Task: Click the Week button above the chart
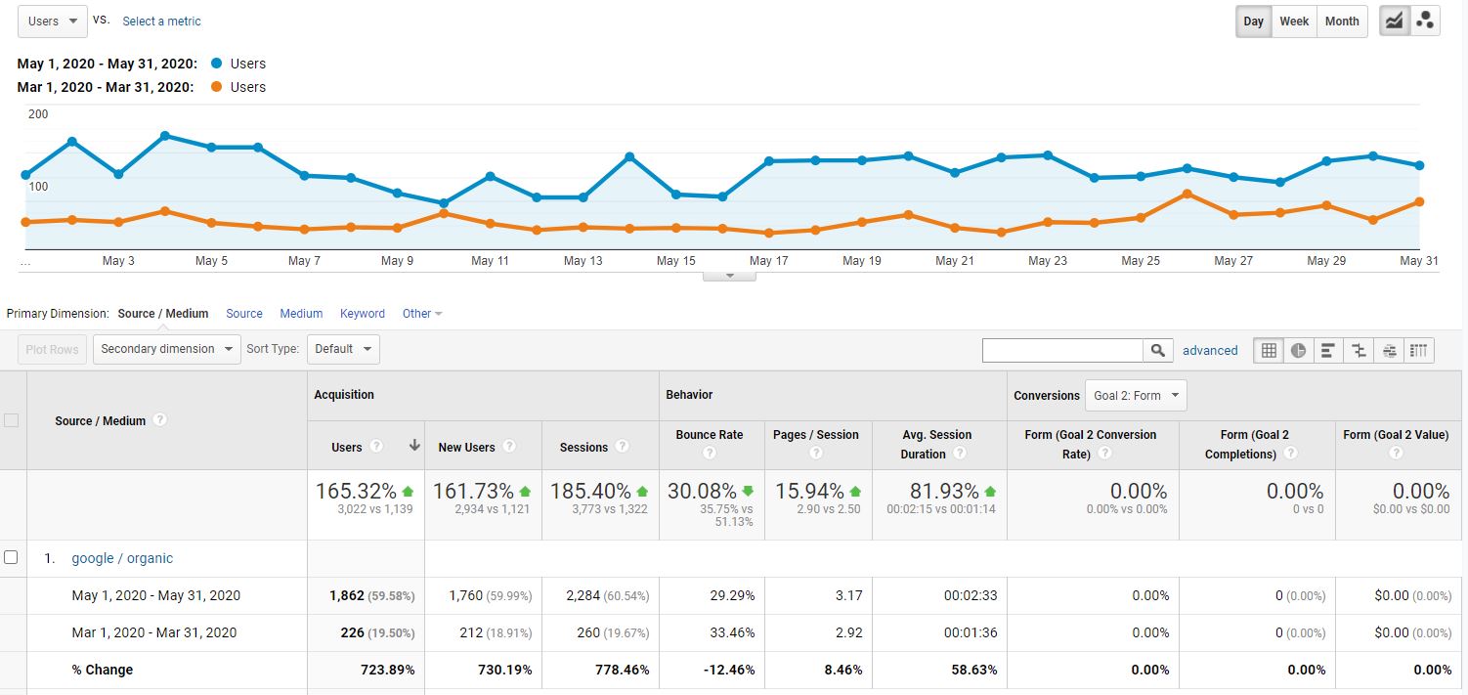point(1294,22)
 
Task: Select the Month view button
point(1342,22)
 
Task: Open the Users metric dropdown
point(53,22)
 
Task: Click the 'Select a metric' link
point(161,22)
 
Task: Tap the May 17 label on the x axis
point(768,261)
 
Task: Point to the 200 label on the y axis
point(38,114)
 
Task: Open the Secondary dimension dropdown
point(166,349)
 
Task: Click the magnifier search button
point(1157,350)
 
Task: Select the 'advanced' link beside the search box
point(1210,350)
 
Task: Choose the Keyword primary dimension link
point(362,314)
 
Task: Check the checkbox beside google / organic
point(11,557)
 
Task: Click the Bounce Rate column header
point(709,435)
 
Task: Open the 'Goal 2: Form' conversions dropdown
point(1136,396)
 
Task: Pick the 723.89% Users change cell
point(387,670)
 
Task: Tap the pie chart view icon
point(1298,350)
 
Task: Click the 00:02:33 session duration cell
point(971,595)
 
